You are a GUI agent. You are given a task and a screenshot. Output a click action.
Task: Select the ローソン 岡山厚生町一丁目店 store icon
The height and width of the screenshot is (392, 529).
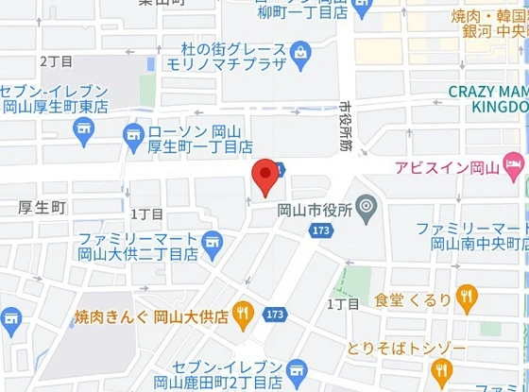click(x=133, y=139)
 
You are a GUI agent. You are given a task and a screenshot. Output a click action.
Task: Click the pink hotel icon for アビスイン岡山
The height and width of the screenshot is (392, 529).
click(x=514, y=168)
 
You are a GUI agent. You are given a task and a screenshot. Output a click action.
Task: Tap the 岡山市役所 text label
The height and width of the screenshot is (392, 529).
click(x=315, y=209)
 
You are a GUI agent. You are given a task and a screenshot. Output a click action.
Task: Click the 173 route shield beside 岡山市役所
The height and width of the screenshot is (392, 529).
click(x=321, y=230)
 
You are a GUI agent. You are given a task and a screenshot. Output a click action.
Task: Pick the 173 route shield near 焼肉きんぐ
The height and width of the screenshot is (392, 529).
click(x=276, y=314)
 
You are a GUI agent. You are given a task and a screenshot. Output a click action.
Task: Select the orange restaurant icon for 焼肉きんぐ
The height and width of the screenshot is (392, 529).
click(x=244, y=314)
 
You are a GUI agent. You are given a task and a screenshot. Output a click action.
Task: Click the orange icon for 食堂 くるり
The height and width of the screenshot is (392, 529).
click(x=466, y=299)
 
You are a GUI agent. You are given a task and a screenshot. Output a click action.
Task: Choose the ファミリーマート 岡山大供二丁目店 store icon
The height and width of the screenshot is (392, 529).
click(x=213, y=245)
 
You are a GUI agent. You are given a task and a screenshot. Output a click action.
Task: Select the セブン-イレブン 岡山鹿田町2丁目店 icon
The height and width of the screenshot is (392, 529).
click(x=299, y=371)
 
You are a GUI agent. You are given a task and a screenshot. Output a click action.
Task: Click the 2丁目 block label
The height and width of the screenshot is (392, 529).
click(x=56, y=60)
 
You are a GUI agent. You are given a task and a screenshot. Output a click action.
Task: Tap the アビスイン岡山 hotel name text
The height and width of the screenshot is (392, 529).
click(x=447, y=168)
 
